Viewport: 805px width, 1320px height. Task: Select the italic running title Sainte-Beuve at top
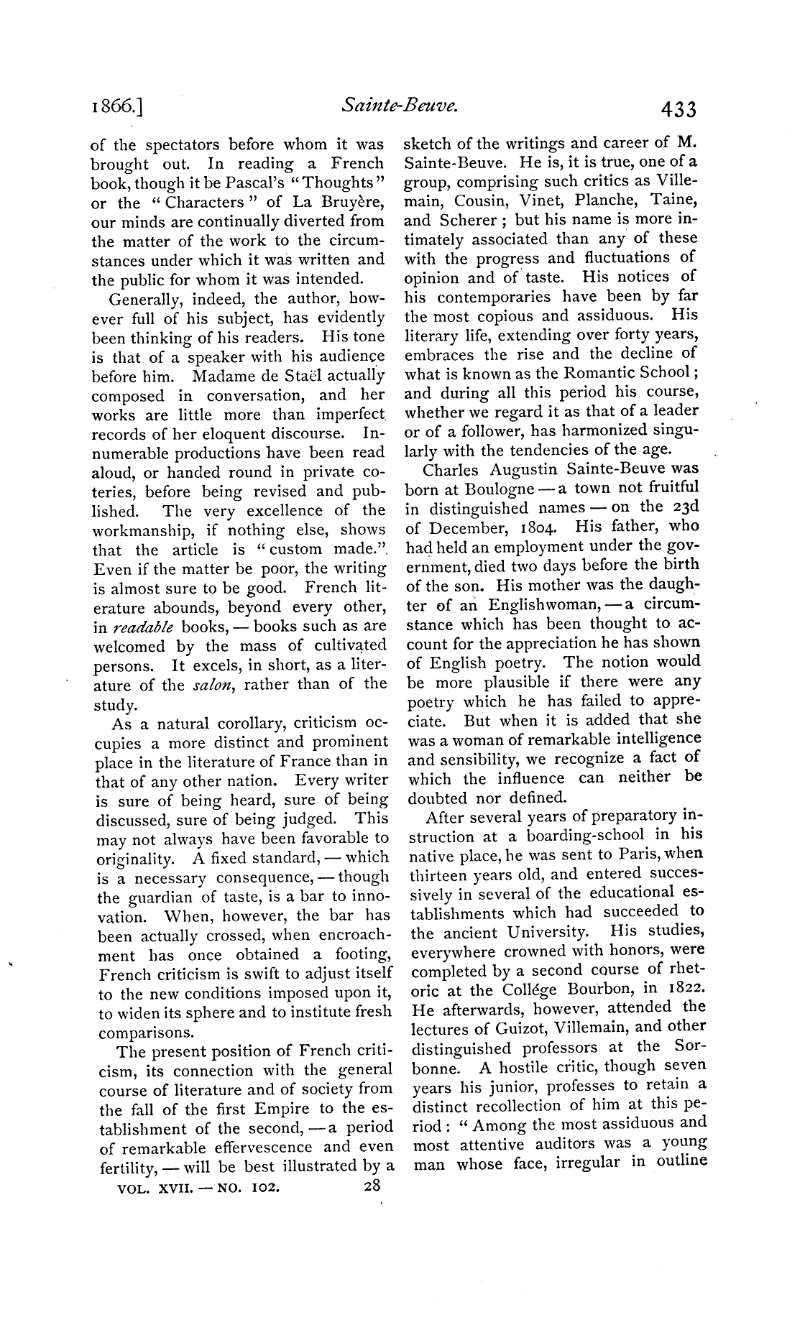[400, 106]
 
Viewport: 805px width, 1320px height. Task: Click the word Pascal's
[249, 183]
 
